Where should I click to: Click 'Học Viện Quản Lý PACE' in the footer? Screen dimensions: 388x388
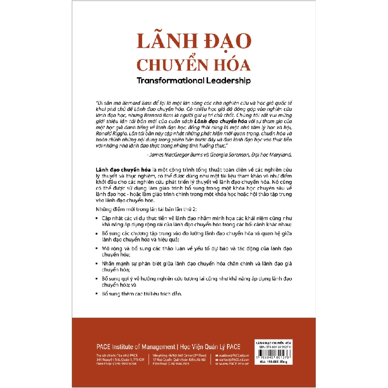pos(211,347)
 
